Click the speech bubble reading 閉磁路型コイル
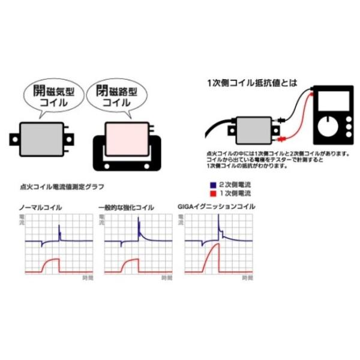pyautogui.click(x=113, y=97)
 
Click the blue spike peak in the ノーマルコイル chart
pyautogui.click(x=59, y=226)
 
